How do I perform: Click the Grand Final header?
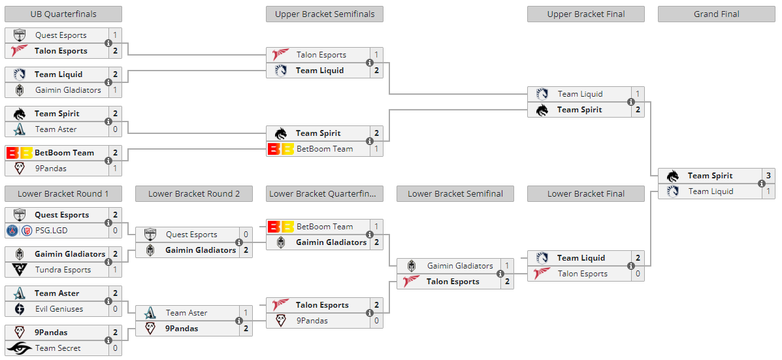716,14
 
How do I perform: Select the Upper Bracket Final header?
585,14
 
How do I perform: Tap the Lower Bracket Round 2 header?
194,193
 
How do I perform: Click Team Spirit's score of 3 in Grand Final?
768,176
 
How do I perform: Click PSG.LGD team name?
52,231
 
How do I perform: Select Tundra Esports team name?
63,270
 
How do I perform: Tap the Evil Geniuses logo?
20,309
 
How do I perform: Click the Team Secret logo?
20,348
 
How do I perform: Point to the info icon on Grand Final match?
762,184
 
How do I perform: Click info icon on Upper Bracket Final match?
631,102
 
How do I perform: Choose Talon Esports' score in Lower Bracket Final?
638,274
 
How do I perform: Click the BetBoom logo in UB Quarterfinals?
20,153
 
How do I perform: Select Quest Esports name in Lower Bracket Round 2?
191,235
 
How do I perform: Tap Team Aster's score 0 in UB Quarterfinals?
115,129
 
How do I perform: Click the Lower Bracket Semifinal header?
455,193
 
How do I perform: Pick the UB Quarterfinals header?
63,14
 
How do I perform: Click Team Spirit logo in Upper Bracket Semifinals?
281,133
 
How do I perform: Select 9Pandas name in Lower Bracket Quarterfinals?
312,321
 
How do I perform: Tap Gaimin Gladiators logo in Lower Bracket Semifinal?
412,266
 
